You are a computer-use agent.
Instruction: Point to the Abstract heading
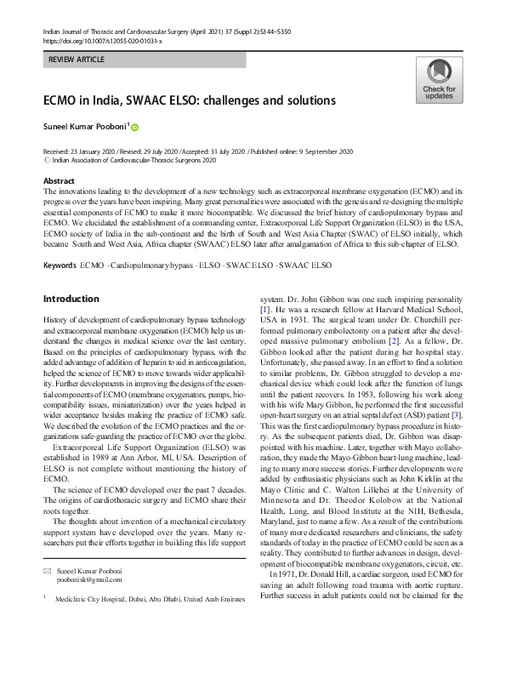(x=59, y=181)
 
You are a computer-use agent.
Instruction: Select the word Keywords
(x=60, y=242)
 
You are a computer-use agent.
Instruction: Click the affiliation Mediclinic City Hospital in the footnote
(x=96, y=599)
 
